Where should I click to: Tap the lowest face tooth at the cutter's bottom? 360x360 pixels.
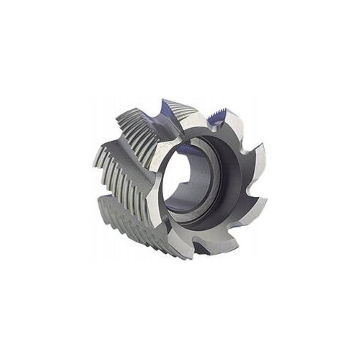pos(202,250)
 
